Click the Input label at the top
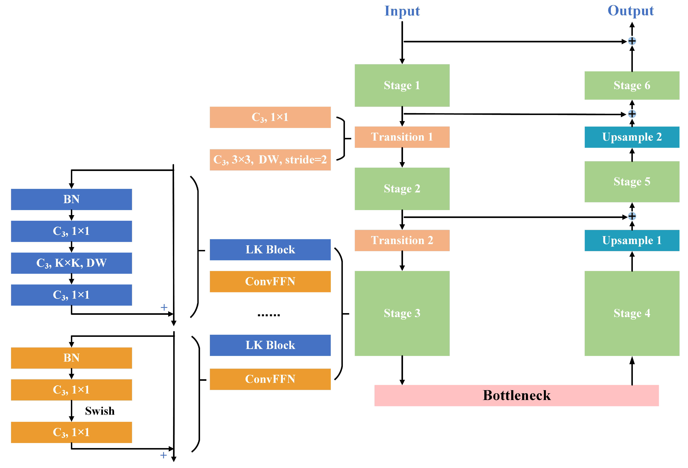pos(402,11)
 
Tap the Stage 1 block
pos(402,85)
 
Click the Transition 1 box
pos(402,137)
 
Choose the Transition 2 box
pos(402,240)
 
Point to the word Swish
pos(100,411)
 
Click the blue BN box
pos(71,199)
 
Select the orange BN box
pos(71,358)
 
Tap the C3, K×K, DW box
pos(71,263)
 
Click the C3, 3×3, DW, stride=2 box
pos(270,160)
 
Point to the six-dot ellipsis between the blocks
pos(268,315)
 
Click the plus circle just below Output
pos(632,41)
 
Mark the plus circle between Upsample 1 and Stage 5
pos(632,216)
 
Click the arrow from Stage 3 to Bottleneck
pos(402,370)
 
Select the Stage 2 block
pos(402,189)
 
